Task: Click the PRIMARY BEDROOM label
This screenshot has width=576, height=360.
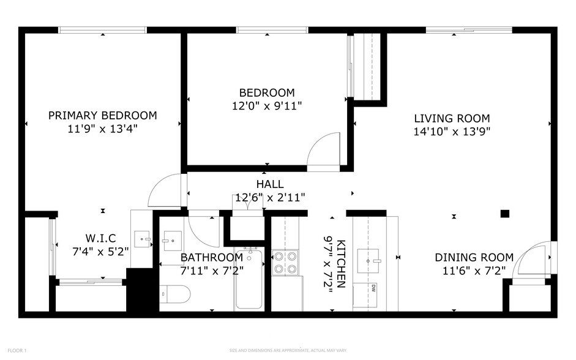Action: [x=102, y=115]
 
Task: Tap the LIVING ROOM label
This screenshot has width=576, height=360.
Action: [x=452, y=118]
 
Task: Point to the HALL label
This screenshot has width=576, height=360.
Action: [x=269, y=184]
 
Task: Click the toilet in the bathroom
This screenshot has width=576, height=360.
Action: [x=174, y=294]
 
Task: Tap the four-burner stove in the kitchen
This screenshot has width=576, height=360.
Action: [x=284, y=262]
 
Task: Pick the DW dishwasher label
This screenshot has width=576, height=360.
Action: [x=373, y=288]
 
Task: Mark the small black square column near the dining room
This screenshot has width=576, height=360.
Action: [x=504, y=214]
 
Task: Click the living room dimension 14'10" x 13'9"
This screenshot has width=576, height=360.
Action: [x=452, y=130]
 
